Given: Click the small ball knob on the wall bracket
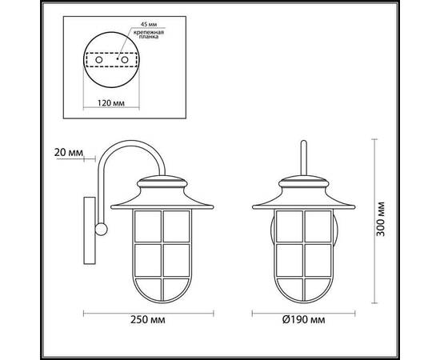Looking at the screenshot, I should coord(100,230).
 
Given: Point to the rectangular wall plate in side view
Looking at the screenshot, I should coord(87,228).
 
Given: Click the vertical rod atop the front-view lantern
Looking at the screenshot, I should coord(303,156).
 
